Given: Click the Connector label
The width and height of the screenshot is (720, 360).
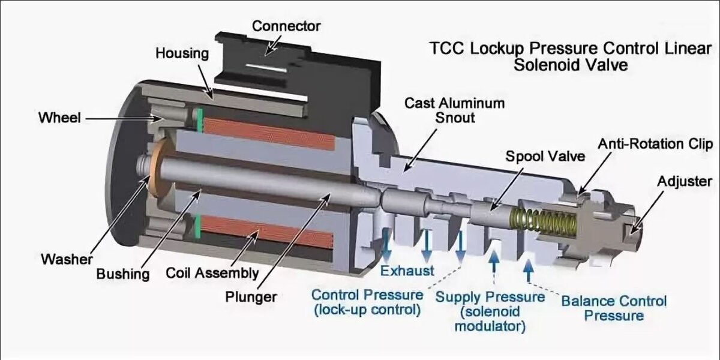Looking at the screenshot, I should [286, 26].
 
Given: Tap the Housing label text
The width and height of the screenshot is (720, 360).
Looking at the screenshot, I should [182, 53].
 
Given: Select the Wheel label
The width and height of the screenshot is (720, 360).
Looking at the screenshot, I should [59, 118].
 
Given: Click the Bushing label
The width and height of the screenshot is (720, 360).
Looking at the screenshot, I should [122, 274].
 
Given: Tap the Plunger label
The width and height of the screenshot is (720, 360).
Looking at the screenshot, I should [251, 296].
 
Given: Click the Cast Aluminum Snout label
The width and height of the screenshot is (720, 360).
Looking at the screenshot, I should [454, 110].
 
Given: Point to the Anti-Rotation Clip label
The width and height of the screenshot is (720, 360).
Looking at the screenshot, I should [655, 145].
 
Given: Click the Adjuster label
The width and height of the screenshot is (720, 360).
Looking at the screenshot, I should [685, 181].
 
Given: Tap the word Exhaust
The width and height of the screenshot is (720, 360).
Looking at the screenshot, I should [407, 271].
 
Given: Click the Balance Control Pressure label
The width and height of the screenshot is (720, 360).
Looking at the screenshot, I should [613, 307].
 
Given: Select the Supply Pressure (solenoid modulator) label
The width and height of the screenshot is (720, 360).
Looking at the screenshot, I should [490, 311].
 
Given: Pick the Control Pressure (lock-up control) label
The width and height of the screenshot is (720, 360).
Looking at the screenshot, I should [366, 302].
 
